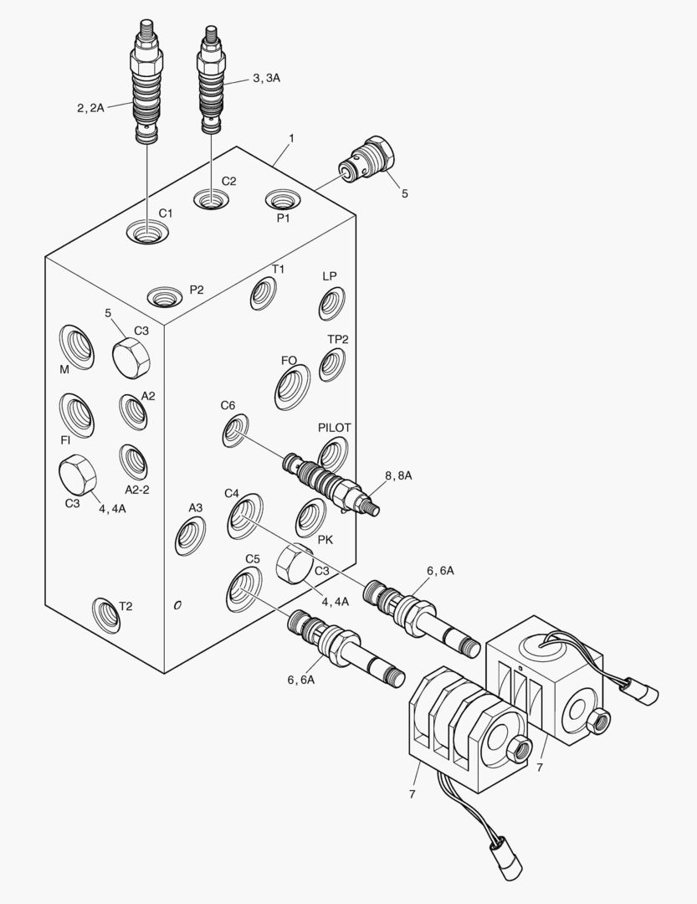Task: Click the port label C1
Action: (166, 213)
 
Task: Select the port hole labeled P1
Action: (282, 200)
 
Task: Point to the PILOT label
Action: (334, 428)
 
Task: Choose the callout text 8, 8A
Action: (398, 475)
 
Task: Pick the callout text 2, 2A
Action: (90, 107)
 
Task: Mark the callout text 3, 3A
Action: (266, 78)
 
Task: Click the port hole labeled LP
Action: (331, 303)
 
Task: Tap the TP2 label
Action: (338, 339)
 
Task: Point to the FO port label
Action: (289, 361)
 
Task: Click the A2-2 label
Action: (136, 490)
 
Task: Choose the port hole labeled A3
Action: (191, 536)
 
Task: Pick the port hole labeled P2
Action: (163, 295)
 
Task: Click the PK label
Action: (325, 540)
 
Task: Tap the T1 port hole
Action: (264, 293)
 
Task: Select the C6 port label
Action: (228, 406)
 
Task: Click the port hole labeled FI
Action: (75, 413)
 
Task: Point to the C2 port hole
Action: (210, 200)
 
